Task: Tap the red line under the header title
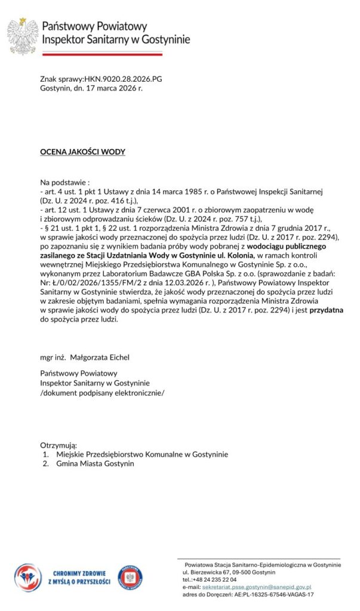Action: click(101, 54)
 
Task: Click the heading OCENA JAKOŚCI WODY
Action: click(82, 152)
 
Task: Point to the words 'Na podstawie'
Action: click(63, 181)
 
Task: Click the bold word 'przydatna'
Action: click(326, 310)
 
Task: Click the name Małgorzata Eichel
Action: click(100, 357)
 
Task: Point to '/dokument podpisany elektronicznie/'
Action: click(101, 393)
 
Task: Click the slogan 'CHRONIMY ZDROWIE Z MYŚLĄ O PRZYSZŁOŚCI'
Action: click(79, 578)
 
